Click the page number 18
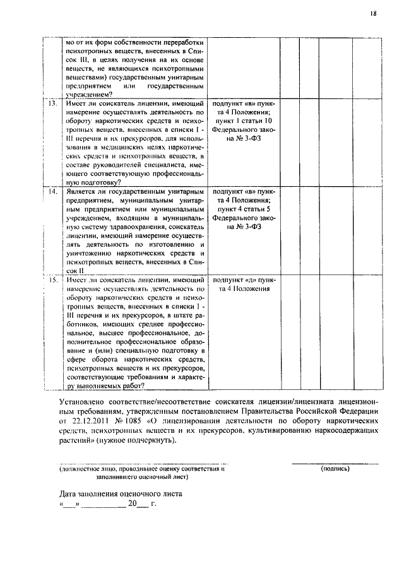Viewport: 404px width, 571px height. pos(374,11)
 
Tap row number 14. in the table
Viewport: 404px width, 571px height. pos(54,191)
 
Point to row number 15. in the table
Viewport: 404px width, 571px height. pos(54,280)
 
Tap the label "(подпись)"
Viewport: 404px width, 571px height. pos(335,469)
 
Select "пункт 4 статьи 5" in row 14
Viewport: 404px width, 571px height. pos(244,208)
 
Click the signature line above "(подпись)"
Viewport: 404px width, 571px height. pos(335,464)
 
